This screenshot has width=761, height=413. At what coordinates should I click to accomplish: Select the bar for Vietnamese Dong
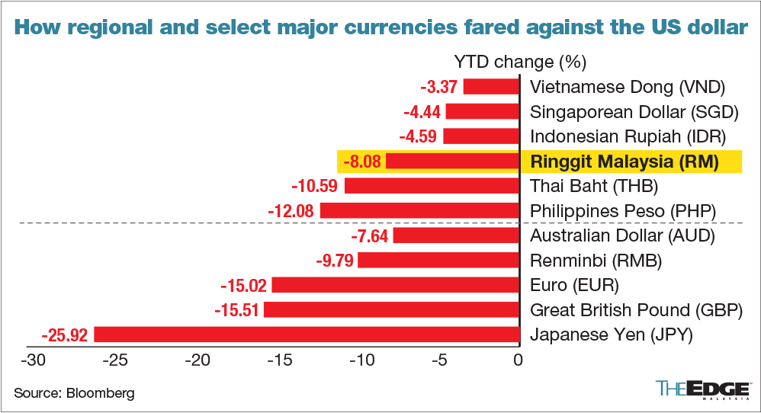click(x=490, y=86)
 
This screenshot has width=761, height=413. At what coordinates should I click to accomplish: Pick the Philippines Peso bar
click(x=419, y=210)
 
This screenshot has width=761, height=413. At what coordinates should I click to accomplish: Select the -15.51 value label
click(x=239, y=310)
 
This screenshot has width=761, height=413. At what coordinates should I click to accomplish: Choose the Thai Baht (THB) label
click(x=593, y=186)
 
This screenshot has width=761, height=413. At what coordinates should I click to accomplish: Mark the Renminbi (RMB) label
click(x=596, y=261)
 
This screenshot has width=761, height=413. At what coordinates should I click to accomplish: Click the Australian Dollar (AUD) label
click(x=621, y=235)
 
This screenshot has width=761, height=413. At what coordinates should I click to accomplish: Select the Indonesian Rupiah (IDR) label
click(x=626, y=137)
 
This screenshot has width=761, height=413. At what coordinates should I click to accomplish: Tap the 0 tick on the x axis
click(x=518, y=360)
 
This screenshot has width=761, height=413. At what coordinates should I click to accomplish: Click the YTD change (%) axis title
click(x=519, y=61)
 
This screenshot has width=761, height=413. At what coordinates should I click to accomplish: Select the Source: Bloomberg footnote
click(x=74, y=393)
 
